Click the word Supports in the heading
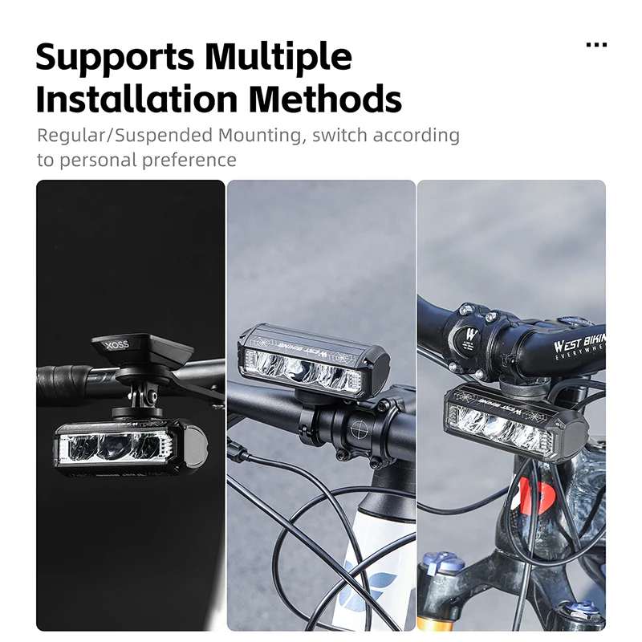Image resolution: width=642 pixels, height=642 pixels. [x=114, y=57]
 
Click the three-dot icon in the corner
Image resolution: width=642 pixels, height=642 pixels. [x=596, y=45]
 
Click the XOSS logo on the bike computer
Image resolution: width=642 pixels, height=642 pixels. [x=116, y=346]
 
